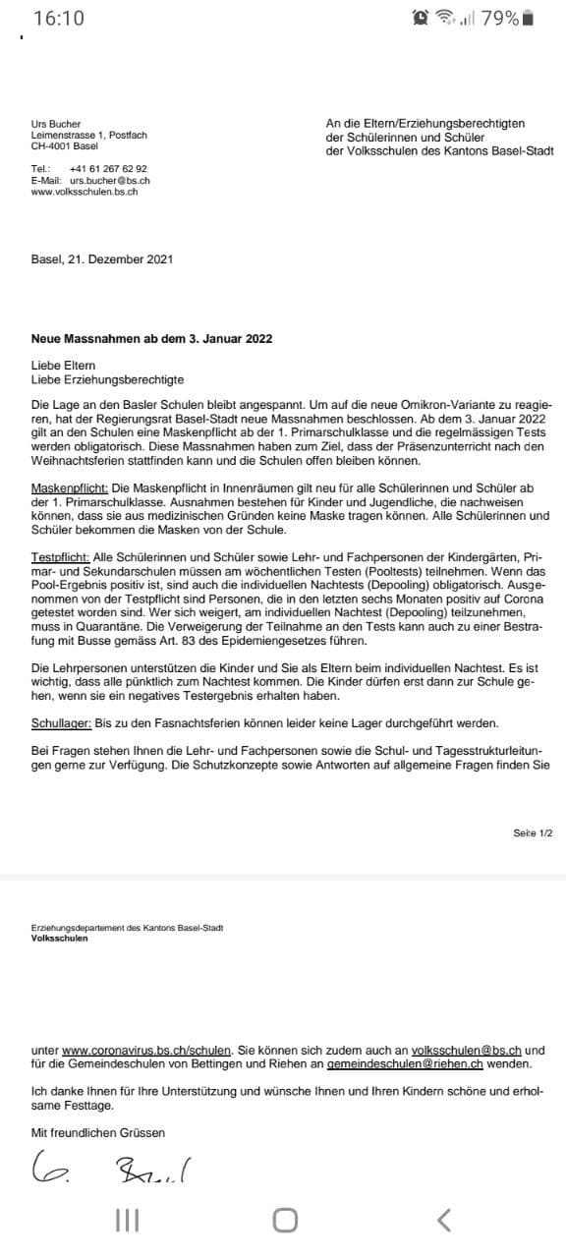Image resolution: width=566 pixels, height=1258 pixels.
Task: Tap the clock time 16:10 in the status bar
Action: tap(59, 18)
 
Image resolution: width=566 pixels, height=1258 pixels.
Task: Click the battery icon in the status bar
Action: tap(528, 18)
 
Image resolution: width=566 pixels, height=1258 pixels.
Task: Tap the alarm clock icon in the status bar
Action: tap(422, 18)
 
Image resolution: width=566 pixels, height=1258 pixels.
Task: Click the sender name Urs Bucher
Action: tap(56, 124)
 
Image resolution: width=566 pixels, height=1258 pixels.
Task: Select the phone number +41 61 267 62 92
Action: tap(109, 169)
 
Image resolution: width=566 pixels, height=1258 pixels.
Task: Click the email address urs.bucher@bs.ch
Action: tap(109, 181)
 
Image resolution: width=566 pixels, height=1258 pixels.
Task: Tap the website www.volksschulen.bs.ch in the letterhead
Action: tap(85, 192)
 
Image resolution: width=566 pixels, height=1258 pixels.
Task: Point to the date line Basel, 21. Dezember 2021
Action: tap(102, 259)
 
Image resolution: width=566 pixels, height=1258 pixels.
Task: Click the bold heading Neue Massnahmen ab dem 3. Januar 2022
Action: tap(152, 339)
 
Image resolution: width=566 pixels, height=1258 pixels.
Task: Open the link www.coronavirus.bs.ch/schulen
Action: tap(146, 1051)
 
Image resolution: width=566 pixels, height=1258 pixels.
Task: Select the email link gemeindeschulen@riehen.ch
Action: tap(406, 1064)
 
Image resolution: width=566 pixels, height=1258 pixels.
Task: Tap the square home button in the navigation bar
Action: tap(285, 1221)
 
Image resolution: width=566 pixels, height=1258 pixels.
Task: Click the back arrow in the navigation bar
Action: tap(444, 1221)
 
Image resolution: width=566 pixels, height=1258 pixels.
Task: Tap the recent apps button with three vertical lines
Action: tap(127, 1221)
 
